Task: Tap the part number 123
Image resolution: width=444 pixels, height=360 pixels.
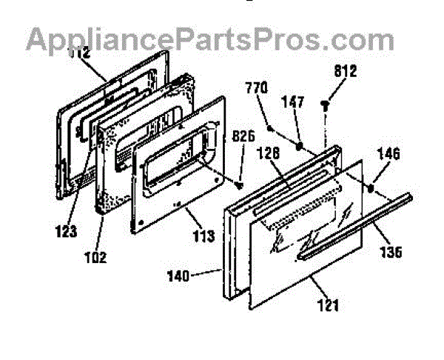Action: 66,231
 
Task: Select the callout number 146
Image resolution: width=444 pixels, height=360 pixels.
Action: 388,155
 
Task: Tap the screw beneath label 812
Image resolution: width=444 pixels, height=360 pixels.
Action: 326,105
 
